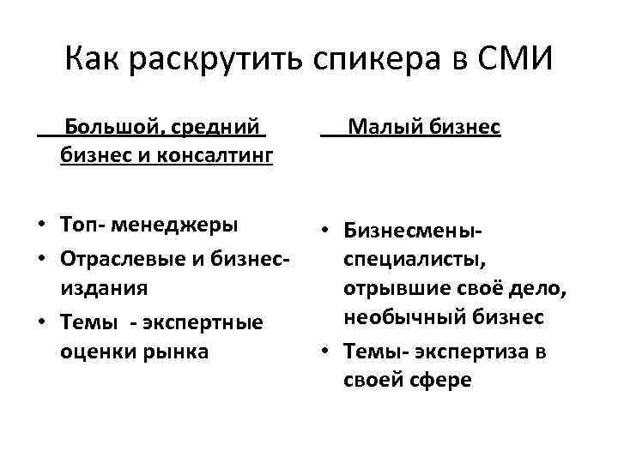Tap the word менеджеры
tap(180, 225)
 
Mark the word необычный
tap(400, 318)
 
